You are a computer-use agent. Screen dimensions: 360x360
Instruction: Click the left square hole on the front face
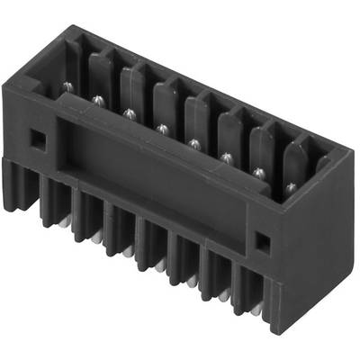(x=36, y=139)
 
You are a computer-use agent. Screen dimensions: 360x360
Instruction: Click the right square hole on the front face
(x=261, y=240)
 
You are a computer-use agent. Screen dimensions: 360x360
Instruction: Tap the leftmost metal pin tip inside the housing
(x=67, y=86)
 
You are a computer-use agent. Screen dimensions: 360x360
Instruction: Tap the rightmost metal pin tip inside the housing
(x=291, y=186)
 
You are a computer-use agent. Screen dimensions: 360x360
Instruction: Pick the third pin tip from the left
(x=129, y=113)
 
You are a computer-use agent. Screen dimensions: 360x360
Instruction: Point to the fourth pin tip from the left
(x=161, y=129)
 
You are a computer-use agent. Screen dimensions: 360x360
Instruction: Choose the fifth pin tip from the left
(x=193, y=142)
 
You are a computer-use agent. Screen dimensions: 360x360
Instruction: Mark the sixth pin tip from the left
(x=225, y=157)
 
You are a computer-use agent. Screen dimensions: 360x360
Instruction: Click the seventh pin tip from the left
(x=258, y=172)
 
